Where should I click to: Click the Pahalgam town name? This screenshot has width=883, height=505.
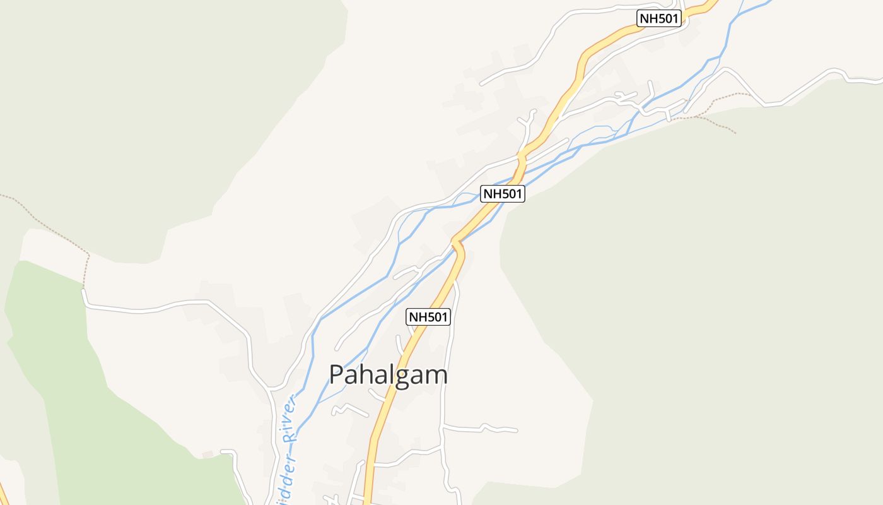[x=389, y=375]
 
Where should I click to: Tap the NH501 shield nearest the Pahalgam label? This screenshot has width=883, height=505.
[x=429, y=317]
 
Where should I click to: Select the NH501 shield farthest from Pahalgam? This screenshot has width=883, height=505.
[x=660, y=18]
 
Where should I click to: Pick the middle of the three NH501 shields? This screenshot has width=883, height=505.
[x=502, y=194]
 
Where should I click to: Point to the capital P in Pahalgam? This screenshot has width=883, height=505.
[x=337, y=375]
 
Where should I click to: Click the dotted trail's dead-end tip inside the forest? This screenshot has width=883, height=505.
[x=735, y=133]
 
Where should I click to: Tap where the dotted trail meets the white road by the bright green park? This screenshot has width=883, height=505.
[x=84, y=289]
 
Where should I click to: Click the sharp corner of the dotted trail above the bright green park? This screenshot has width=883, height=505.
[x=88, y=255]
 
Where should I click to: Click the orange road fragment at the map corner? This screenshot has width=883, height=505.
[x=3, y=492]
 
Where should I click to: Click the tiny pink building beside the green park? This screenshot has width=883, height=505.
[x=208, y=454]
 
